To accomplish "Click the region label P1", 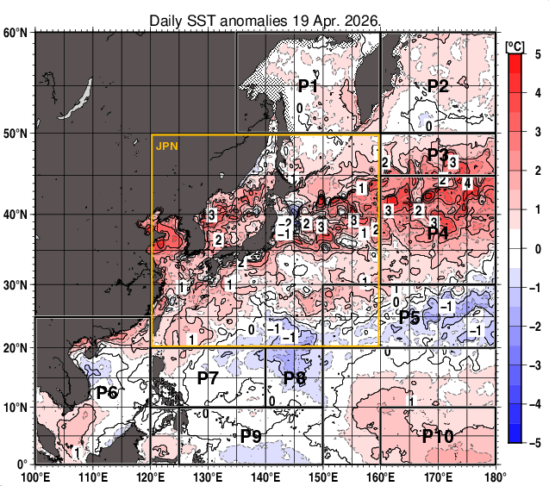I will (309, 85).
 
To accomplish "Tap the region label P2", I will (438, 85).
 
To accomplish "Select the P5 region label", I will (409, 316).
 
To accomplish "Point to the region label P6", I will (107, 393).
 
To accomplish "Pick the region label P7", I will (208, 377).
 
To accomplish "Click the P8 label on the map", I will (295, 377).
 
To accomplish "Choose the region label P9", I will (251, 435).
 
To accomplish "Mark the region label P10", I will (438, 436).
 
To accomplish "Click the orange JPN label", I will (167, 146).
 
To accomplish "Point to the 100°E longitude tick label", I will (34, 476).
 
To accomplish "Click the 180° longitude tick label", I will (495, 476).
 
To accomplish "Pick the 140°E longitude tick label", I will (265, 476).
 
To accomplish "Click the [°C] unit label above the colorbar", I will (515, 45).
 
